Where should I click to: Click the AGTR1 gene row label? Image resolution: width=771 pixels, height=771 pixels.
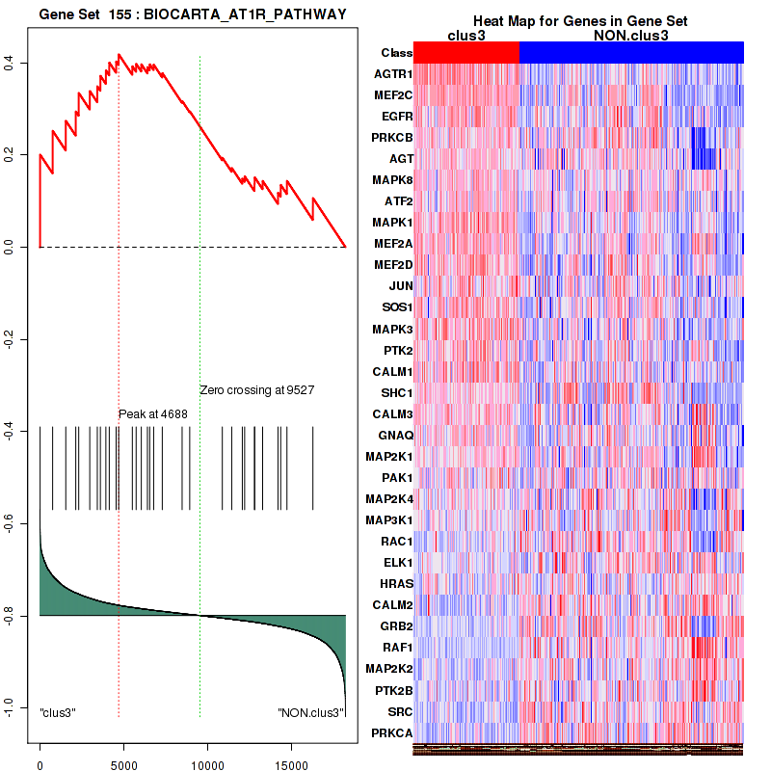[x=393, y=74]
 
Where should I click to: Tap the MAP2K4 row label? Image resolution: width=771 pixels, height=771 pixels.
[x=389, y=498]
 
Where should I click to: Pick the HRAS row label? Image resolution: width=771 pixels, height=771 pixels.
[x=396, y=583]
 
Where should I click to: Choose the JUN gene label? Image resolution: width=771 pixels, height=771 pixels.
[x=401, y=286]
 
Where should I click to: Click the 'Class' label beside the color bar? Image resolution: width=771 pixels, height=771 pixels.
[x=396, y=53]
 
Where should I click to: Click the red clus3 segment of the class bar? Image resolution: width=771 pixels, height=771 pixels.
[x=466, y=53]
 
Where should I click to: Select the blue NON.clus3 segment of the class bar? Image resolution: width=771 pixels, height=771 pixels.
[x=631, y=53]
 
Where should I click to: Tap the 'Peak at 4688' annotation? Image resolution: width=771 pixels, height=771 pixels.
[x=153, y=414]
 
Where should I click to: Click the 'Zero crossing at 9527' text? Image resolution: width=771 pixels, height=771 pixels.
[x=257, y=390]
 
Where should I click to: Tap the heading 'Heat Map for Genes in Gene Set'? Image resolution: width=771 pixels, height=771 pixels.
[x=567, y=21]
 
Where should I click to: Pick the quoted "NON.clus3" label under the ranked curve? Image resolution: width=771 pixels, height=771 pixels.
[x=310, y=712]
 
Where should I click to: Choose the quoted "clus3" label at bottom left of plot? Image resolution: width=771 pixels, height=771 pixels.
[x=58, y=712]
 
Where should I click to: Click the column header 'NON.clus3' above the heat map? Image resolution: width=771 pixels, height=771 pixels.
[x=631, y=36]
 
